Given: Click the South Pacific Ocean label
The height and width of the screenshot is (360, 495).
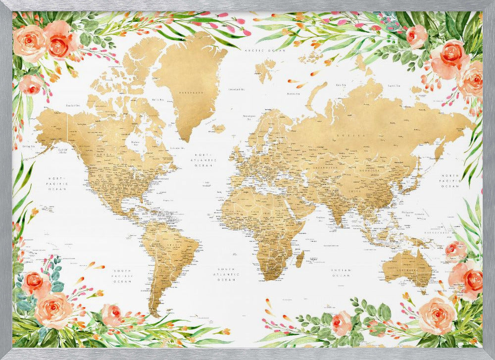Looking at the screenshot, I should click(x=122, y=276).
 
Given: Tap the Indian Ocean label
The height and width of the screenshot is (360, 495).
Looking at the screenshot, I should click(x=342, y=273).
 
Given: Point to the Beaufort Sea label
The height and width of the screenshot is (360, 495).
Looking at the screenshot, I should click(x=74, y=105).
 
